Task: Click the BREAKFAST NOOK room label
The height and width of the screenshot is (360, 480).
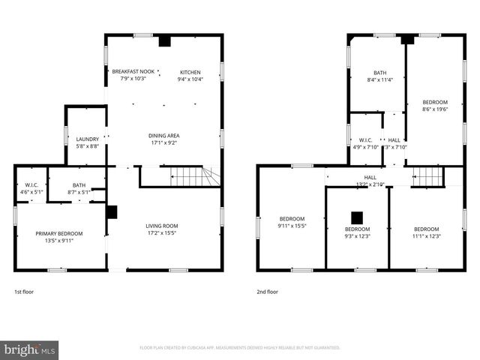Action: [x=128, y=72]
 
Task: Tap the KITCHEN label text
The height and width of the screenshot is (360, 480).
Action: [x=190, y=72]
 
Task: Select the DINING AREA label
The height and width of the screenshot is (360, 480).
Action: [x=163, y=136]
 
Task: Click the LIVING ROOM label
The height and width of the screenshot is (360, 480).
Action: [x=161, y=226]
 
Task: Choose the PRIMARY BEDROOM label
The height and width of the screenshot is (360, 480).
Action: [x=59, y=234]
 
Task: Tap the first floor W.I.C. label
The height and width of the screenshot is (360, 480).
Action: [x=31, y=184]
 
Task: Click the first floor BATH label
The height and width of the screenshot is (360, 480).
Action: [x=79, y=184]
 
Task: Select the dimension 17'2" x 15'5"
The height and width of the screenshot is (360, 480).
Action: [x=161, y=233]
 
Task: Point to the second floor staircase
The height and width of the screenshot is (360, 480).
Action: [x=428, y=176]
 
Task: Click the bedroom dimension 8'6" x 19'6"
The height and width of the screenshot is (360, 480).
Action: [x=434, y=109]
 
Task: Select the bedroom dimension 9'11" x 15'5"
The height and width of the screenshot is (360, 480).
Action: [x=292, y=226]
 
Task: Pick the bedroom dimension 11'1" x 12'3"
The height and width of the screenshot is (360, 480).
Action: [x=426, y=236]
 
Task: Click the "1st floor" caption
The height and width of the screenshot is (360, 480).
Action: [x=24, y=291]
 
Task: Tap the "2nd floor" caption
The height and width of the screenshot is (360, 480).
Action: [x=266, y=291]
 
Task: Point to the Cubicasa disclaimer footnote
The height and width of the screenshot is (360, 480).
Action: [x=240, y=348]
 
